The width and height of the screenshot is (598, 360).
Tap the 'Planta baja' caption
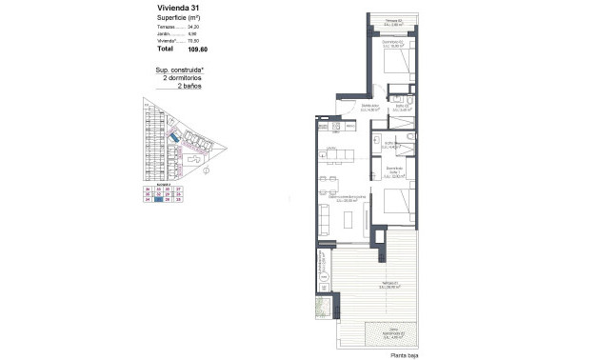(404, 354)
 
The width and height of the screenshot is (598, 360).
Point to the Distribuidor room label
(370, 108)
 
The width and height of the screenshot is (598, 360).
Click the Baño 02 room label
(404, 108)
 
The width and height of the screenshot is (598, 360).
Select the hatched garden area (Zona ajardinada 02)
(393, 333)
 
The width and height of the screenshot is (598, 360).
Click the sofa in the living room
(326, 220)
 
